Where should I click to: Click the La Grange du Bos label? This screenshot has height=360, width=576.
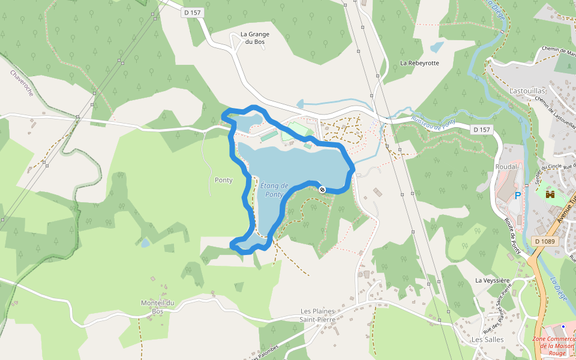pos(255,38)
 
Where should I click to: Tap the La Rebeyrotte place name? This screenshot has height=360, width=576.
pos(419,63)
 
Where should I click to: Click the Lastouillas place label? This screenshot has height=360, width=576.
pos(527,91)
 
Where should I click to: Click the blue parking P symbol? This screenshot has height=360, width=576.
pos(518,196)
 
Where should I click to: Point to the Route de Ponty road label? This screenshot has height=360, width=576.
pos(512,236)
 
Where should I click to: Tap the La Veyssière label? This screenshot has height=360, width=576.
pos(492,280)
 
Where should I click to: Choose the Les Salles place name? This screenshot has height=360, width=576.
pos(488,339)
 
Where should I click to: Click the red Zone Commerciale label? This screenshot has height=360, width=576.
pos(553,346)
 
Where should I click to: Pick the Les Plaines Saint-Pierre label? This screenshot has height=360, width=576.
pos(317,315)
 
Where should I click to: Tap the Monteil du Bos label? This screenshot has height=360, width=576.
pos(157,307)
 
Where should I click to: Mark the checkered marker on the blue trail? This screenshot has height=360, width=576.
pos(322,190)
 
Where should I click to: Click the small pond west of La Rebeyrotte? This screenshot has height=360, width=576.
pos(437,47)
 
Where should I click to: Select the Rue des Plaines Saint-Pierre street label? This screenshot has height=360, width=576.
pos(499,305)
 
